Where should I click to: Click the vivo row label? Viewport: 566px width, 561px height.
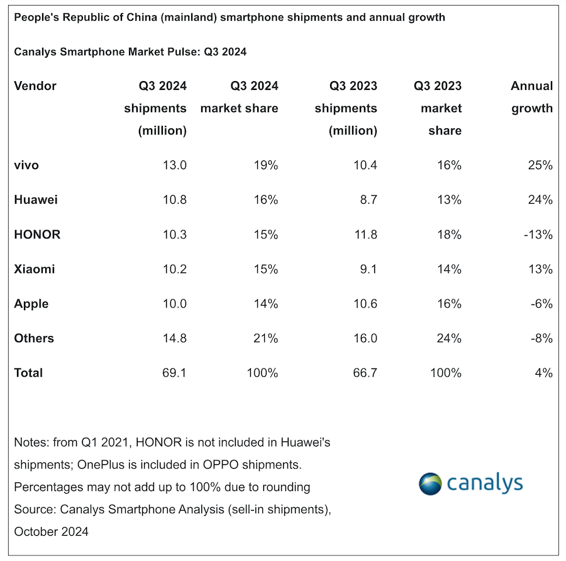pos(26,165)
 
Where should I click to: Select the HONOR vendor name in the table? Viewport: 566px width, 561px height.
pos(37,235)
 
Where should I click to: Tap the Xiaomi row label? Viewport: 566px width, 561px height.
pos(35,269)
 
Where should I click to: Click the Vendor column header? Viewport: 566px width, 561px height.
pos(35,86)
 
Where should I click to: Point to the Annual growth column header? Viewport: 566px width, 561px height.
pos(531,97)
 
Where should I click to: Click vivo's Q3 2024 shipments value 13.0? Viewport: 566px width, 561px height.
pos(174,165)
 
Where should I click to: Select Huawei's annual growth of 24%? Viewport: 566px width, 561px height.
pos(540,200)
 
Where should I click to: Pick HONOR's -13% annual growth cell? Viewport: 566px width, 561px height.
pos(538,235)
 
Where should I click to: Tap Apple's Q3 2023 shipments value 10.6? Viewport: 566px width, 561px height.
pos(364,304)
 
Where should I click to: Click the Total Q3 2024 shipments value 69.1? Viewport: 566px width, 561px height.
pos(174,373)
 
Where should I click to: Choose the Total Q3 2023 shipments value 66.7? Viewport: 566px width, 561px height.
pos(365,373)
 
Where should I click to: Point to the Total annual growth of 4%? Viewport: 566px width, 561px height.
pos(544,373)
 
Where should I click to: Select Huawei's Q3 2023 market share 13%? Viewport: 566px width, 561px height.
pos(448,200)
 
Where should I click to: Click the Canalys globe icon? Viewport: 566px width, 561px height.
pos(431,484)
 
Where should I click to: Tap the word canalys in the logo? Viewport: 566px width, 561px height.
pos(485,483)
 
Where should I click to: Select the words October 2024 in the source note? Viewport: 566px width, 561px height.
pos(52,531)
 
